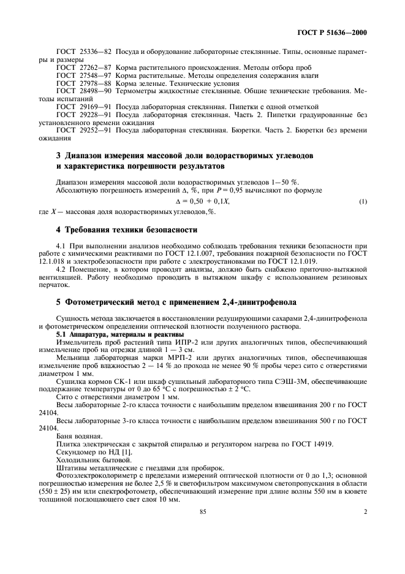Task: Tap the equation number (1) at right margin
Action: (x=363, y=201)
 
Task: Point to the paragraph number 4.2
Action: (x=61, y=270)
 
